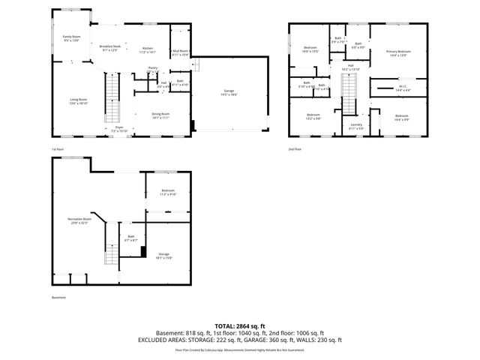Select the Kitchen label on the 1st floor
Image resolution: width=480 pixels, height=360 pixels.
point(148,48)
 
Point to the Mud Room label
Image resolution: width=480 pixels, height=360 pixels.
point(180,52)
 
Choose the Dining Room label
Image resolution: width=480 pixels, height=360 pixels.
point(161,115)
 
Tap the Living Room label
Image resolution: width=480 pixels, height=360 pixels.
point(79,100)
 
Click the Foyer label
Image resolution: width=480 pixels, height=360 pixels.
point(118,128)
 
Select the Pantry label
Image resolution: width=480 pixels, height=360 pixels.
point(152,68)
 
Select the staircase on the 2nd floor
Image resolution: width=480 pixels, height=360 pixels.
point(349,94)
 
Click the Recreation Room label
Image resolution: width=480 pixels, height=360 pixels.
point(79,220)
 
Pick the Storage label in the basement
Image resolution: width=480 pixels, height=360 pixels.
point(163,256)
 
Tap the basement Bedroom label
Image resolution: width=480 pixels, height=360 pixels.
point(168,191)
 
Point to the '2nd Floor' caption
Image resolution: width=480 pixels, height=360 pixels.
point(295,149)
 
